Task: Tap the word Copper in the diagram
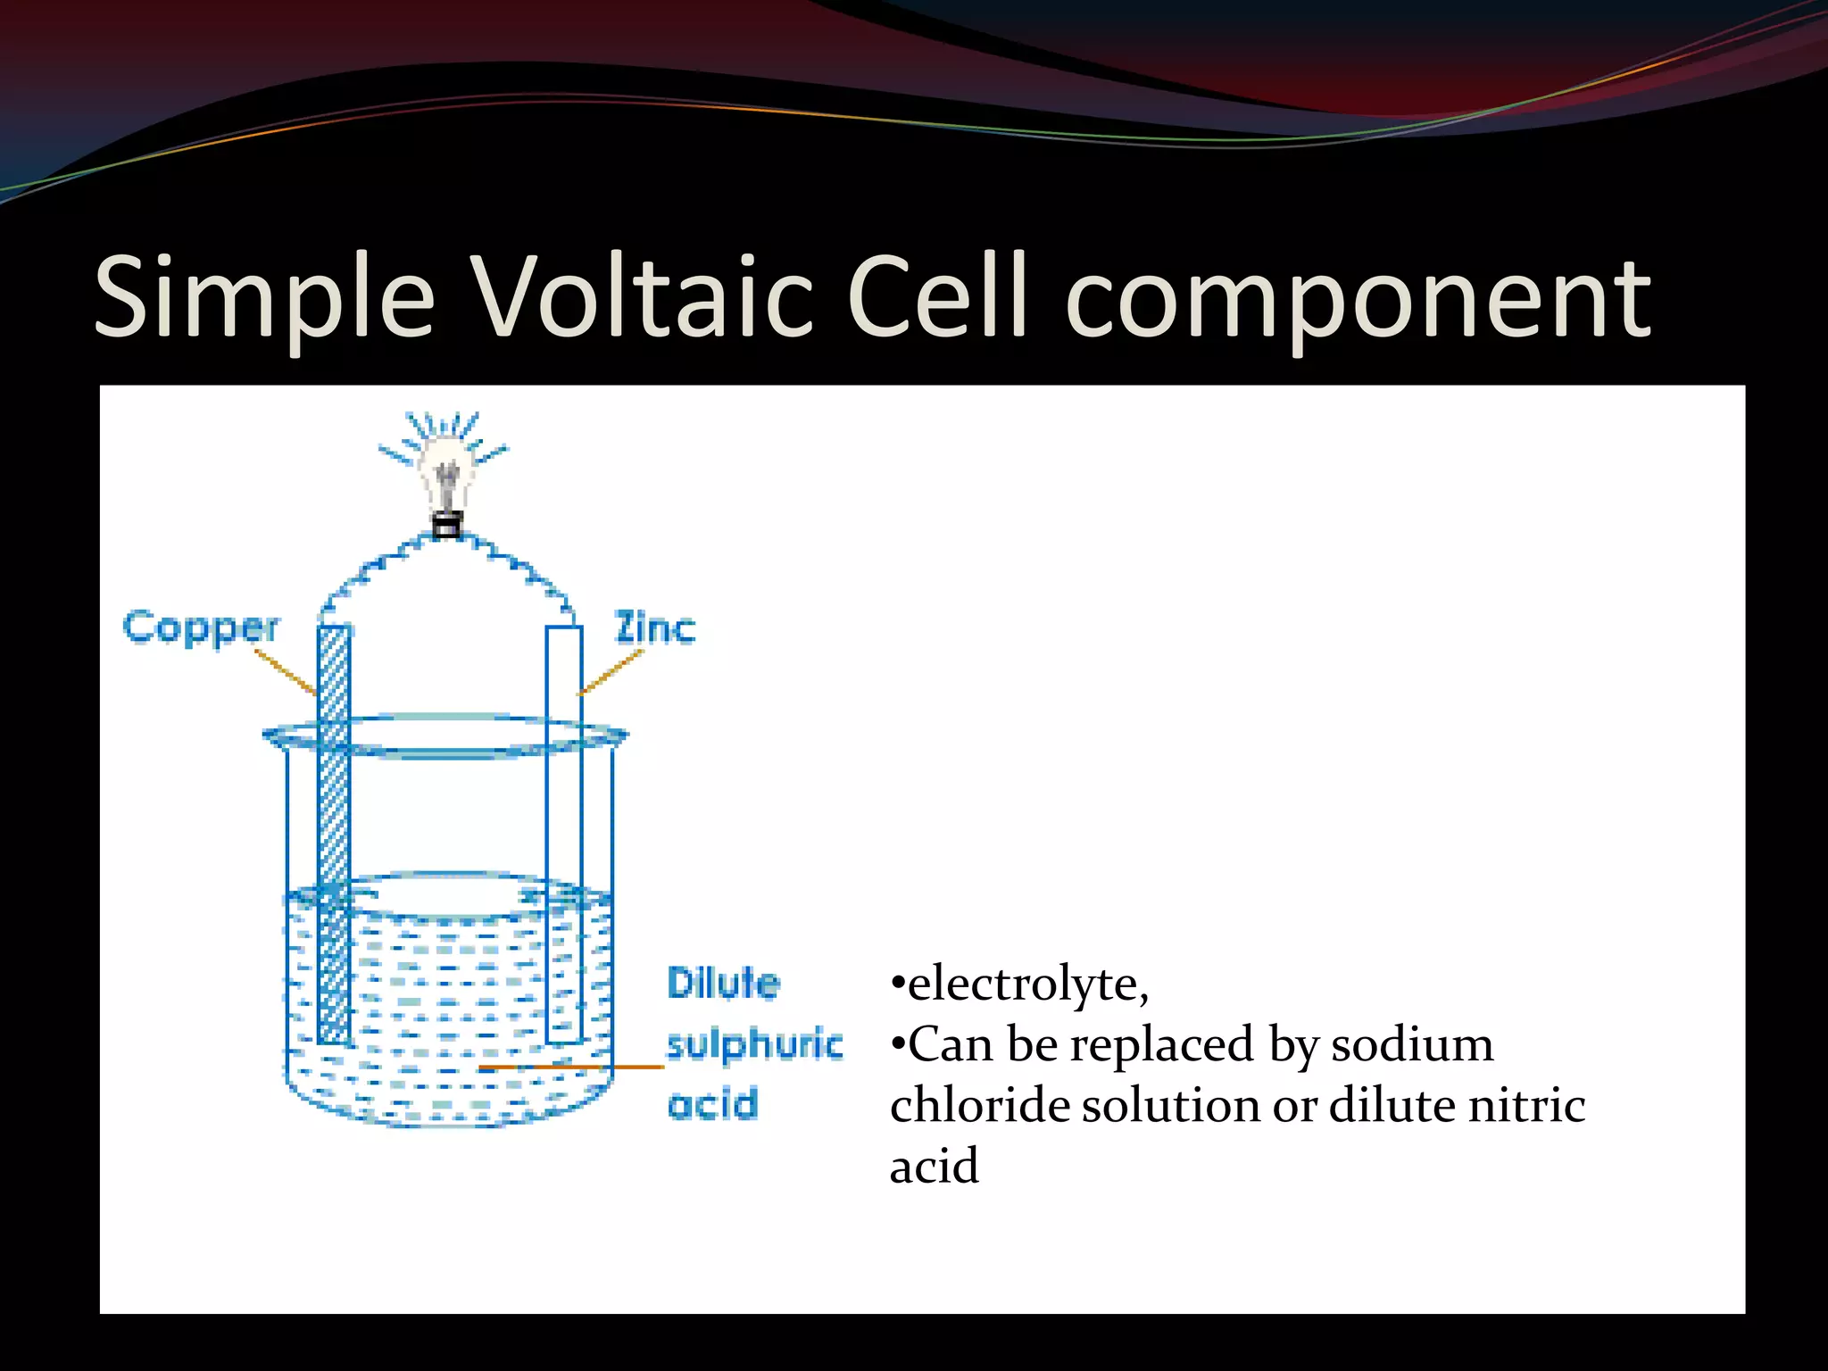click(201, 628)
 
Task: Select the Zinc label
click(654, 628)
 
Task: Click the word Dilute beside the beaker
click(723, 983)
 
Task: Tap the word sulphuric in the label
click(754, 1044)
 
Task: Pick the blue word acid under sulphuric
click(712, 1105)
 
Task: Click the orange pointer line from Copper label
click(286, 671)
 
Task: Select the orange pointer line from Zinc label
click(611, 671)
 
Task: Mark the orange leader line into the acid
click(571, 1067)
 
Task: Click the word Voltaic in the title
click(642, 296)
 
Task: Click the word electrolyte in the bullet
click(1026, 984)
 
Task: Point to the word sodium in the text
click(1412, 1044)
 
